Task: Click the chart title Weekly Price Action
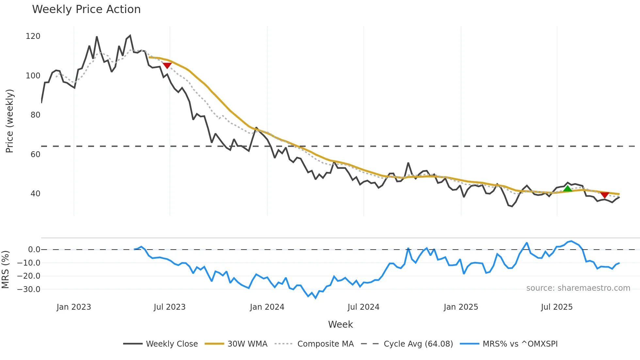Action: tap(86, 9)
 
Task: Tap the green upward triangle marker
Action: tap(568, 189)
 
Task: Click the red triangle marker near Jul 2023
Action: tap(167, 65)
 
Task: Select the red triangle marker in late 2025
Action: tap(604, 195)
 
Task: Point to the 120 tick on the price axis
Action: tap(33, 36)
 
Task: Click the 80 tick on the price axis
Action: tap(35, 115)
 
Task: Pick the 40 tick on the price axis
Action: tap(35, 194)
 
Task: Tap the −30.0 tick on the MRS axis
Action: tap(29, 289)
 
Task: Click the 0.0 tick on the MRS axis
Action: tap(34, 250)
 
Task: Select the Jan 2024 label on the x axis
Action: tap(267, 307)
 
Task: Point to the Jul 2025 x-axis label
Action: tap(557, 307)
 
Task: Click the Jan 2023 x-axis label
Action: tap(74, 307)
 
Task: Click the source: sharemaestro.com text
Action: tap(578, 288)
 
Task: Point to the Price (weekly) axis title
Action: tap(9, 121)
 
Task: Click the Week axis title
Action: tap(340, 324)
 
